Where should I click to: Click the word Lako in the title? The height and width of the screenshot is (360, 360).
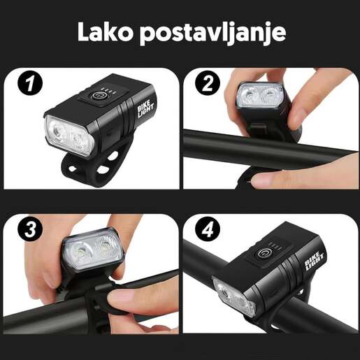104,32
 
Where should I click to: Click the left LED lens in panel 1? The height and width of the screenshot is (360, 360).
56,129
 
